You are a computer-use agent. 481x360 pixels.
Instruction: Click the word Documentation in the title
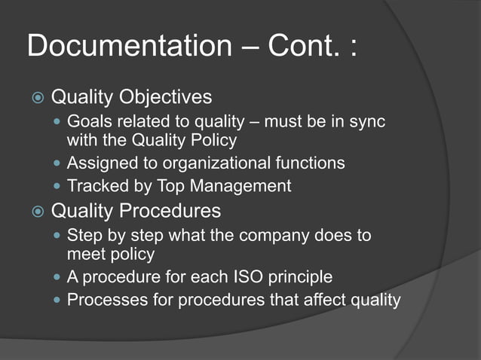[128, 47]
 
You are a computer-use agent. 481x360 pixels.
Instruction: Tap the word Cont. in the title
[299, 47]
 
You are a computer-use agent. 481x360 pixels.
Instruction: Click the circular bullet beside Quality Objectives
[37, 99]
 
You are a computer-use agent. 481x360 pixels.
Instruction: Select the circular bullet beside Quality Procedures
[37, 210]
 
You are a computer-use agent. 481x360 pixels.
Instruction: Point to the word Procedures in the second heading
[175, 210]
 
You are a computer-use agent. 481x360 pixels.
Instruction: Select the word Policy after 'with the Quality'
[214, 141]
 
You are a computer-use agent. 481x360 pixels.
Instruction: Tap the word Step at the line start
[83, 236]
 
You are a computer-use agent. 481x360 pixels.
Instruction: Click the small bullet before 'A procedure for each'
[58, 278]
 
